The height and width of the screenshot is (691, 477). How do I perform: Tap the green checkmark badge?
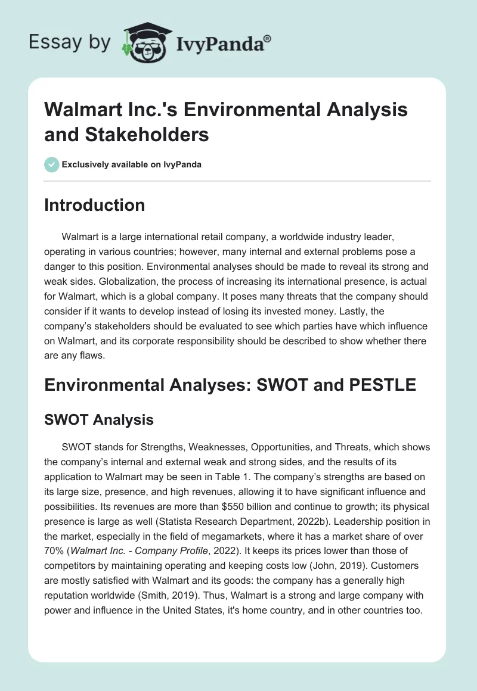[x=52, y=164]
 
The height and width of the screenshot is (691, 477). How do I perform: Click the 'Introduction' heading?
[x=95, y=205]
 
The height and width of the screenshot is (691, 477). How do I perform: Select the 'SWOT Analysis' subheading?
[x=99, y=420]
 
